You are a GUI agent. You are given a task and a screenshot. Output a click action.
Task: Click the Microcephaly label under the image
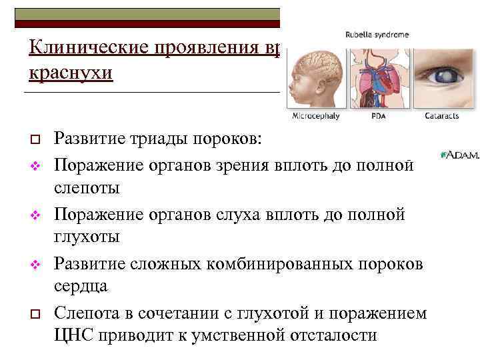(x=316, y=115)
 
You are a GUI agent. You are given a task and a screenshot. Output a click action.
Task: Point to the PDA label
(x=377, y=115)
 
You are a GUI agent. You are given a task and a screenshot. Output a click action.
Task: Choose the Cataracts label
(x=441, y=115)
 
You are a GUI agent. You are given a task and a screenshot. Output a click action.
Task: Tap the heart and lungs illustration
(x=377, y=77)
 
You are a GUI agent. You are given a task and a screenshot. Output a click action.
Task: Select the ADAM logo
(x=460, y=155)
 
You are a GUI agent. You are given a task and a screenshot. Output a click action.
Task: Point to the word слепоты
(x=87, y=188)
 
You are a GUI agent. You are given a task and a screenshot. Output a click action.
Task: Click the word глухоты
(x=87, y=238)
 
